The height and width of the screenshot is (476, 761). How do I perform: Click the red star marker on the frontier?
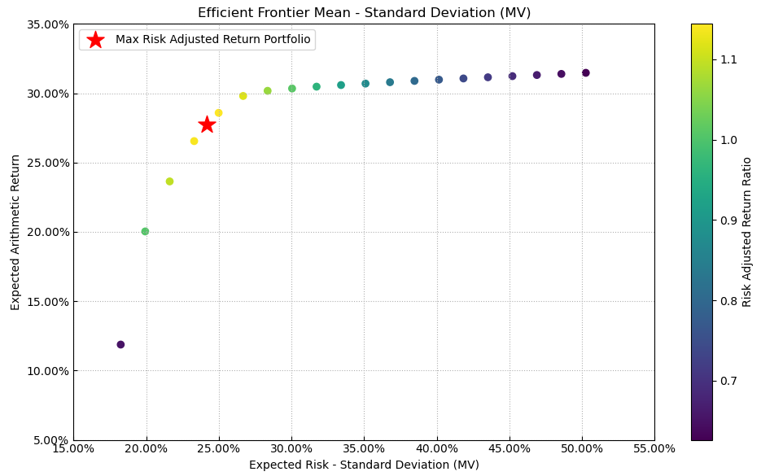click(207, 124)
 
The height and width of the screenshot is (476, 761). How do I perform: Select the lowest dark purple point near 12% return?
click(120, 344)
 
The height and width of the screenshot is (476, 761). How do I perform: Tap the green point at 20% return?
click(145, 231)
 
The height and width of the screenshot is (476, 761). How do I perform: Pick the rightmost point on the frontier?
click(585, 73)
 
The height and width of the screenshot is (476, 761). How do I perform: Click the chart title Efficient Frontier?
click(364, 13)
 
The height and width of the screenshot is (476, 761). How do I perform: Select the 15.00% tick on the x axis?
click(73, 449)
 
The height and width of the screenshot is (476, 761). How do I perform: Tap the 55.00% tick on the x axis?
click(654, 449)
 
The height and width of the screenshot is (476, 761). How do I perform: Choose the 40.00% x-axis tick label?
click(437, 449)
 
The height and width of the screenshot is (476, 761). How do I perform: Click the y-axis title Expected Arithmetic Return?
click(16, 232)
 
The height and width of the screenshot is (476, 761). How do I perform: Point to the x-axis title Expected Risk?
click(364, 465)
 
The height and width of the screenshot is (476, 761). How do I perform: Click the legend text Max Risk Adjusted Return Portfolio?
click(212, 40)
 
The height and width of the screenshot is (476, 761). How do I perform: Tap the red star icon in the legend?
click(95, 40)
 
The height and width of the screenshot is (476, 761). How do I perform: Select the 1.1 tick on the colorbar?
click(729, 59)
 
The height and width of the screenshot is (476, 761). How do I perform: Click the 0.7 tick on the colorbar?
click(729, 381)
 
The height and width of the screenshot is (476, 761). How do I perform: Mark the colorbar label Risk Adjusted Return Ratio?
click(747, 232)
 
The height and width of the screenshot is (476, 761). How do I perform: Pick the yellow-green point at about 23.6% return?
click(169, 181)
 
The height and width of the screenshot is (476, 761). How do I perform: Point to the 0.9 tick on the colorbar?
click(729, 221)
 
